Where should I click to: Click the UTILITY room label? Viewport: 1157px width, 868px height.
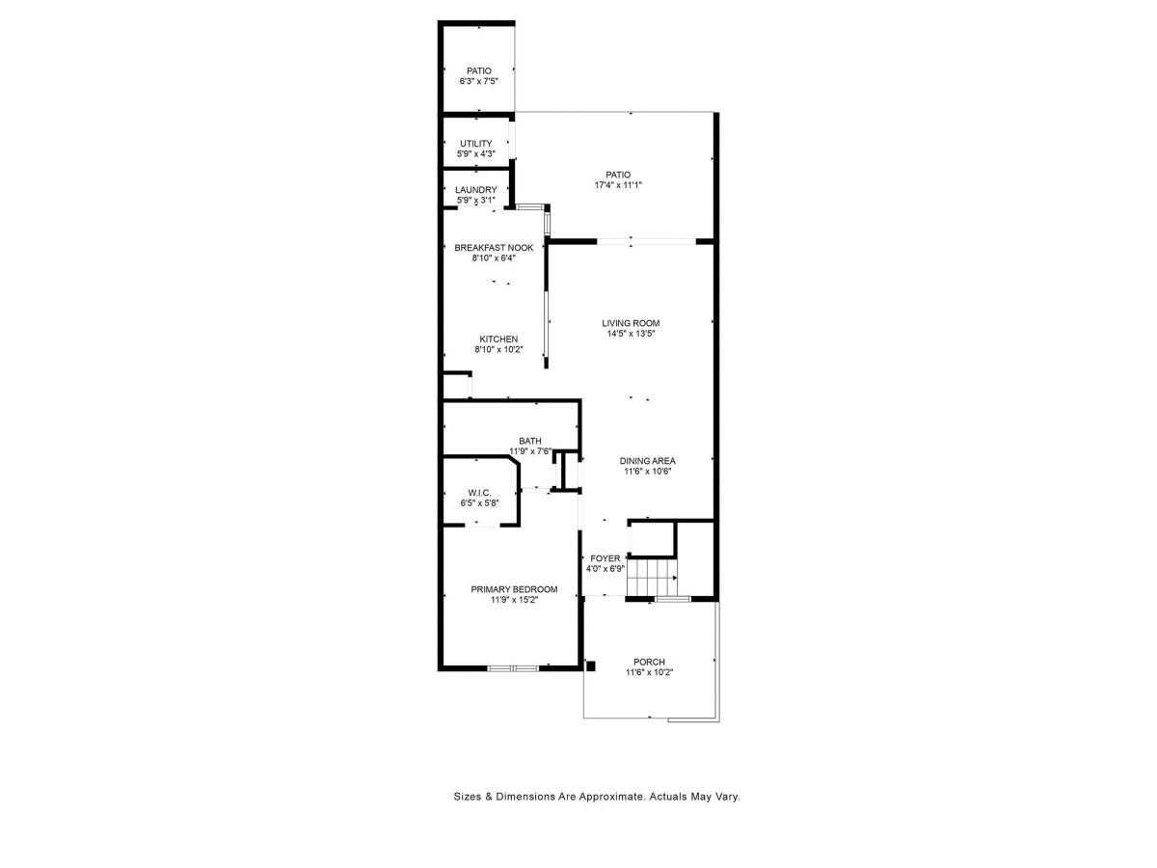(475, 144)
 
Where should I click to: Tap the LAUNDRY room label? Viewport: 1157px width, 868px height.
(475, 190)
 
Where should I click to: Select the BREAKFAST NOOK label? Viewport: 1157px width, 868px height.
(494, 248)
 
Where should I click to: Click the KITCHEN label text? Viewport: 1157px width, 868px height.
(498, 339)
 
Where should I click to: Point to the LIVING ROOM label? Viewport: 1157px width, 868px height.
(631, 323)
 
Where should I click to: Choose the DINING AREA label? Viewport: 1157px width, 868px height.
(647, 461)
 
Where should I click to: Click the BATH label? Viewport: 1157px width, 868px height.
(529, 441)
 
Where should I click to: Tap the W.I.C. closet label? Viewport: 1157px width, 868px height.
(479, 493)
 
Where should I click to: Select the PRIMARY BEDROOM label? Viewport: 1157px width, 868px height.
(514, 589)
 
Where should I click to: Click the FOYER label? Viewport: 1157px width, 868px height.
(605, 558)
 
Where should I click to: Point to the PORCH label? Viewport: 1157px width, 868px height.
(649, 662)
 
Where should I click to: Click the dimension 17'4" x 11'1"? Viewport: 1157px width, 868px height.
(618, 185)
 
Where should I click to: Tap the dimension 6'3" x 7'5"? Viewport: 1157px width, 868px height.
(478, 81)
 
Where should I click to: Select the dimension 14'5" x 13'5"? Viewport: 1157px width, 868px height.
(631, 334)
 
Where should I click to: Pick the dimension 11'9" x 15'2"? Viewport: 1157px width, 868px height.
(514, 600)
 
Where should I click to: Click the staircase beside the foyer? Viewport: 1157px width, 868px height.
(652, 578)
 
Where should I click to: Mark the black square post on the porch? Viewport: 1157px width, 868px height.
(590, 666)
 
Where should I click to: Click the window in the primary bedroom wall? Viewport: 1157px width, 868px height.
(513, 668)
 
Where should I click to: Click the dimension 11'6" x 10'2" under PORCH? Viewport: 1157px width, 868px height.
(649, 672)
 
